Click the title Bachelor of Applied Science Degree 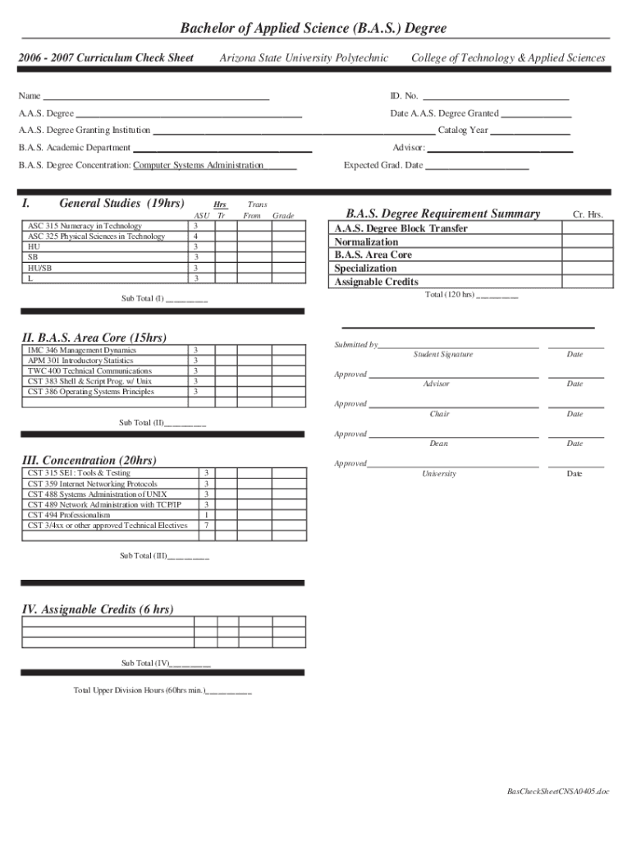(314, 29)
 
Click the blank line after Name (156, 97)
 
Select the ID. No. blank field (496, 97)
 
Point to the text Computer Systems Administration (199, 166)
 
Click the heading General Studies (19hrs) (121, 204)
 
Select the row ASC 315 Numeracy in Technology (85, 226)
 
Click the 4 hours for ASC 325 (195, 237)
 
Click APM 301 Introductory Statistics (80, 361)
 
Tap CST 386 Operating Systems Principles (90, 392)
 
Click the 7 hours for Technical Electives (206, 525)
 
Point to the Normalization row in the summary (366, 242)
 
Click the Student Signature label (442, 355)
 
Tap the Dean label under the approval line (439, 443)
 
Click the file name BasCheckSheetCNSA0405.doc (558, 792)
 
